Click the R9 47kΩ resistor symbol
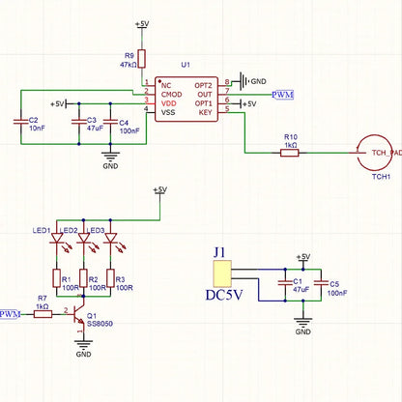coord(142,57)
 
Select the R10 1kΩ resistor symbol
coord(290,153)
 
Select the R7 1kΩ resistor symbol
coord(42,314)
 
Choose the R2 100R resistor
coord(83,277)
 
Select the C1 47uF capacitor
coord(283,283)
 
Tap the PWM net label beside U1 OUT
coord(284,95)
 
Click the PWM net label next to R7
coord(11,314)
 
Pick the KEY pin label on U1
coord(205,112)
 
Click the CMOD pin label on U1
coord(172,93)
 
